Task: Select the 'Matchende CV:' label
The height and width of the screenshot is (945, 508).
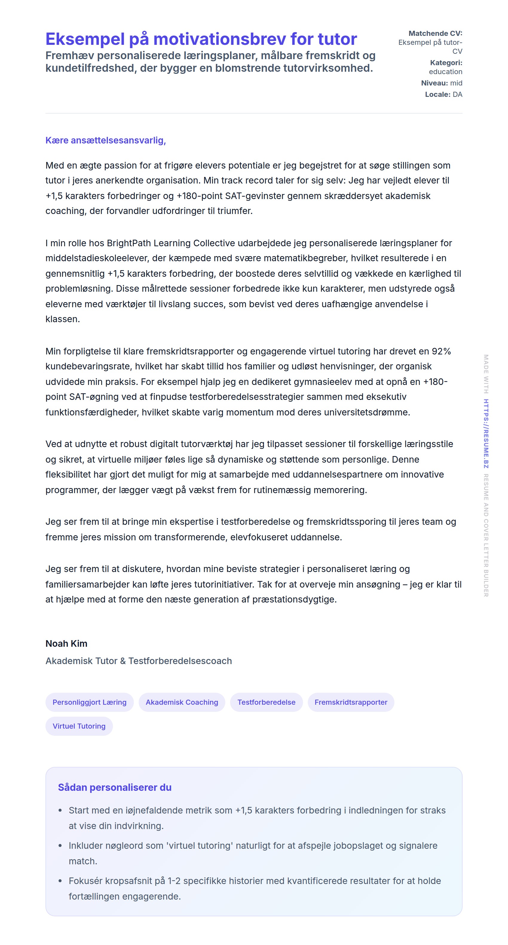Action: (x=435, y=33)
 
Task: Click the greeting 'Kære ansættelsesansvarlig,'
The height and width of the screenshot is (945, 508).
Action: (x=106, y=140)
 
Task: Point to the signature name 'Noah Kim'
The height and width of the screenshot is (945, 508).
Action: (x=66, y=643)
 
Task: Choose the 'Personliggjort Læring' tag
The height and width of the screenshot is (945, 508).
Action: (x=89, y=702)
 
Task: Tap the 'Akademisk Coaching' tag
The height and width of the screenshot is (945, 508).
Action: (x=182, y=702)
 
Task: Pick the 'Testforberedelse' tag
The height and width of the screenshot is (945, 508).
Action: (x=266, y=702)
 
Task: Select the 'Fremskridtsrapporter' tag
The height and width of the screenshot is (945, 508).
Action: (x=351, y=702)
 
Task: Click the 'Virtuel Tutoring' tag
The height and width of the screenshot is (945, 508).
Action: (x=79, y=726)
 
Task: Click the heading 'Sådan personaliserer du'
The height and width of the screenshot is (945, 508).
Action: (x=114, y=787)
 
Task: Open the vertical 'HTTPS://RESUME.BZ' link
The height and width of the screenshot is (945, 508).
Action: (x=486, y=433)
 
